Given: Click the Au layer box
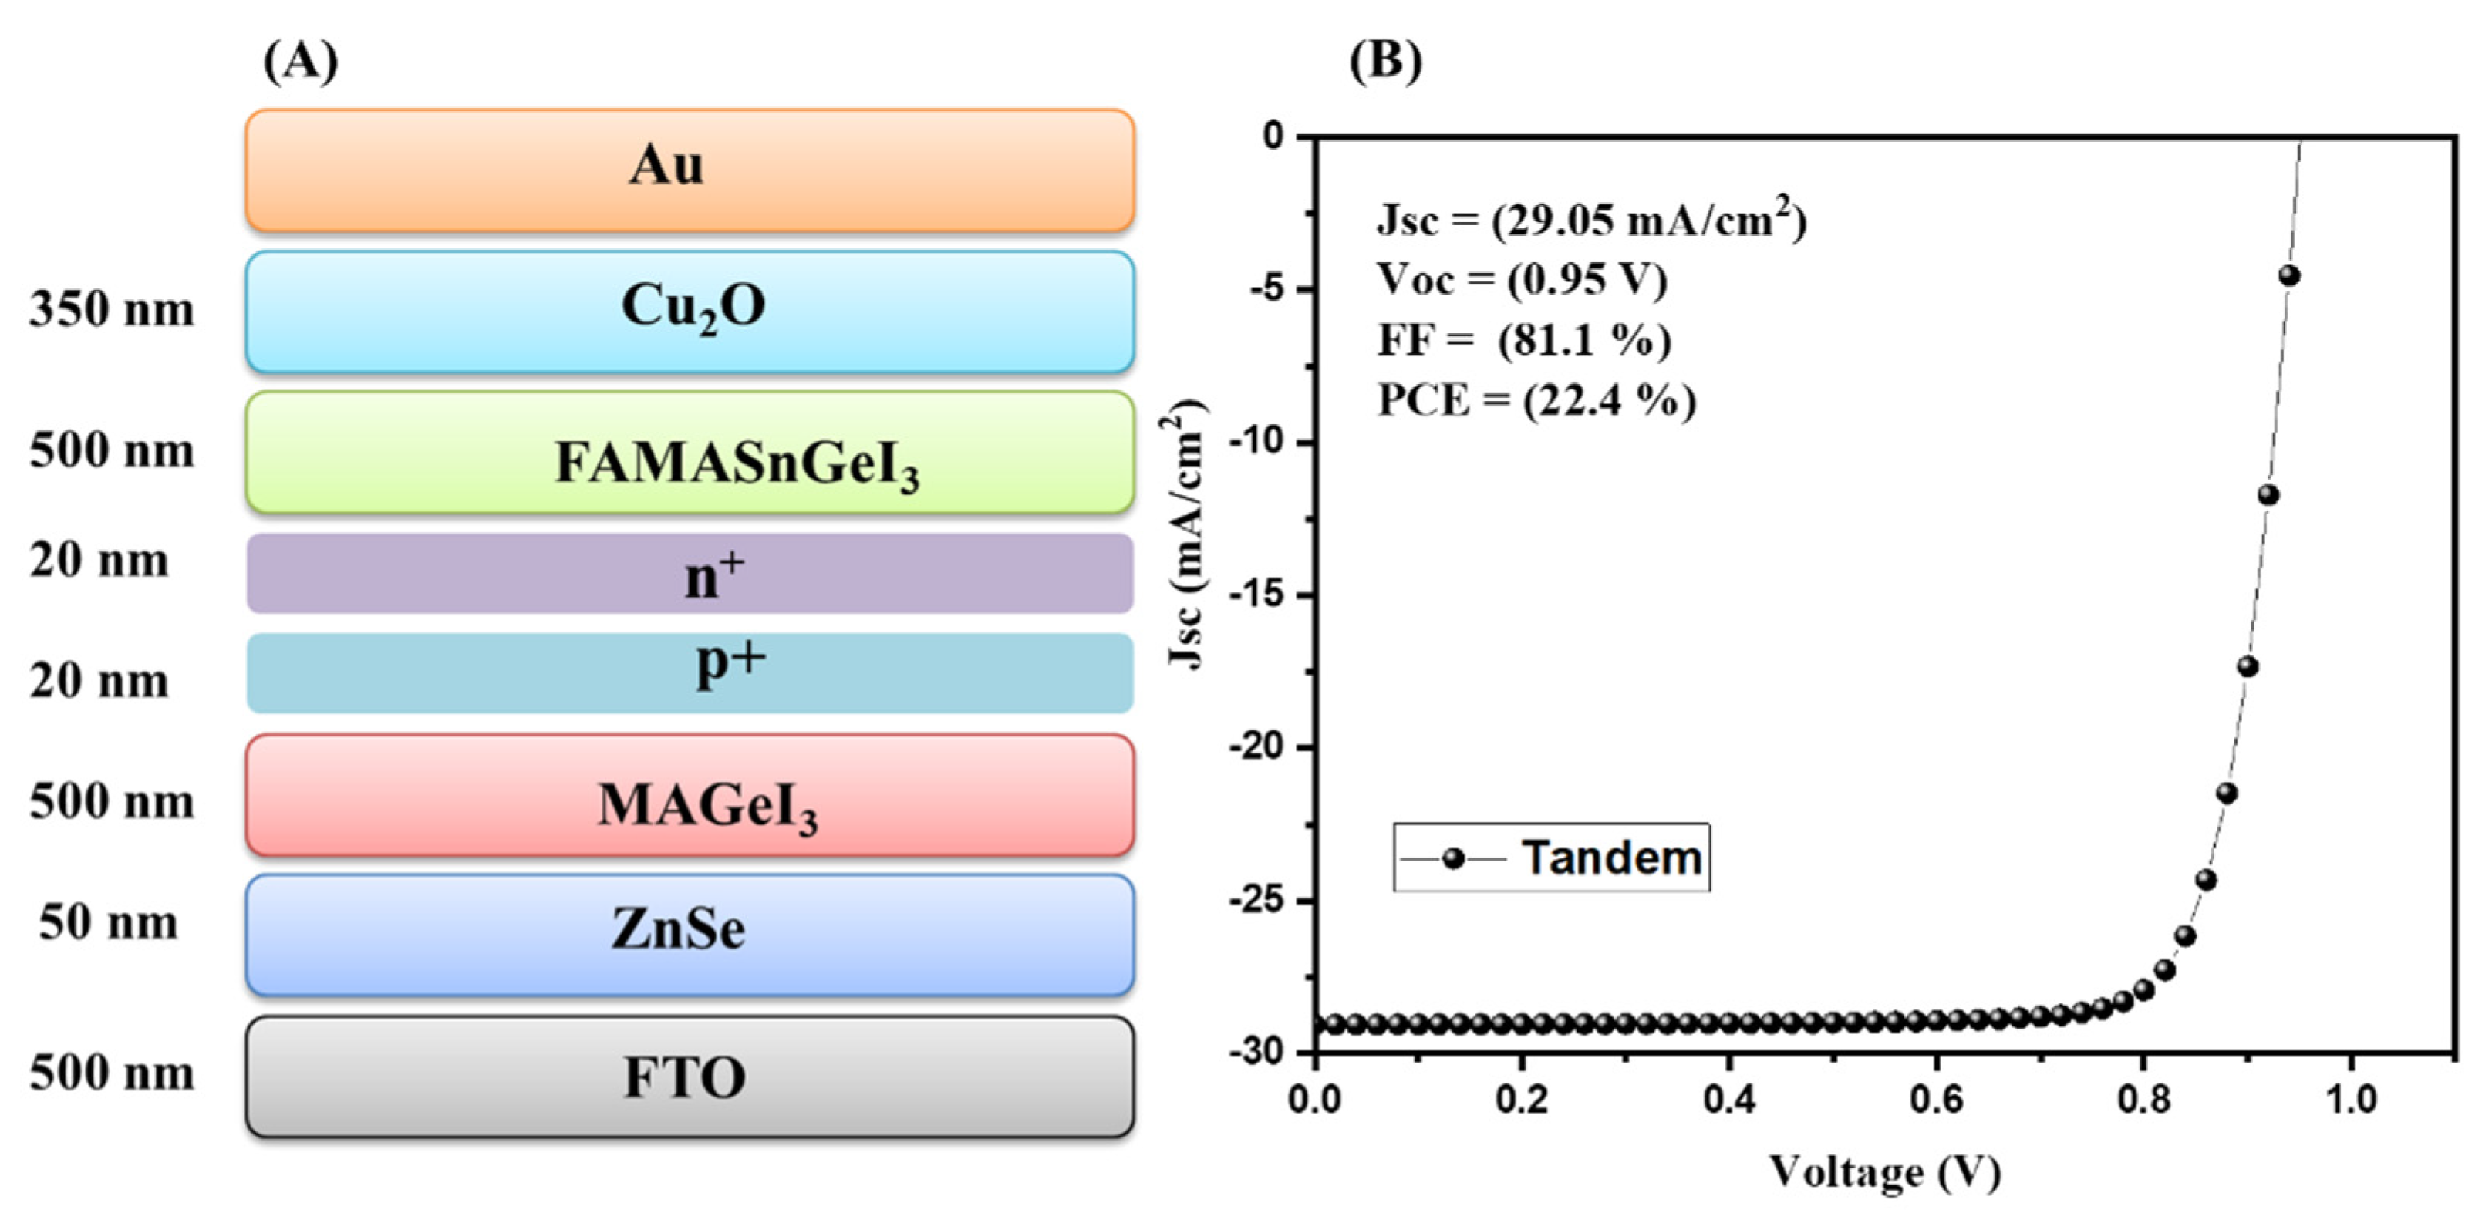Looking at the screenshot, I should [x=690, y=170].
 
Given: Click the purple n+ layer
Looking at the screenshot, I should [x=690, y=574].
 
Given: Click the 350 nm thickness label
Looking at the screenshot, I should [x=112, y=310].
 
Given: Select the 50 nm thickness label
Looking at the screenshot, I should [x=109, y=923].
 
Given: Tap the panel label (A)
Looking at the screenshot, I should [x=301, y=62].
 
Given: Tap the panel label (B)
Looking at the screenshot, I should [x=1384, y=62].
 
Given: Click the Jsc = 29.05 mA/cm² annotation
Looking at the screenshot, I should [x=1590, y=221].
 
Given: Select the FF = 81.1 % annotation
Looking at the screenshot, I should [x=1524, y=340].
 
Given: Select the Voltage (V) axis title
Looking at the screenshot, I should [x=1884, y=1172].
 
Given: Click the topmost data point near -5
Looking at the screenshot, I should [x=2289, y=276].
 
